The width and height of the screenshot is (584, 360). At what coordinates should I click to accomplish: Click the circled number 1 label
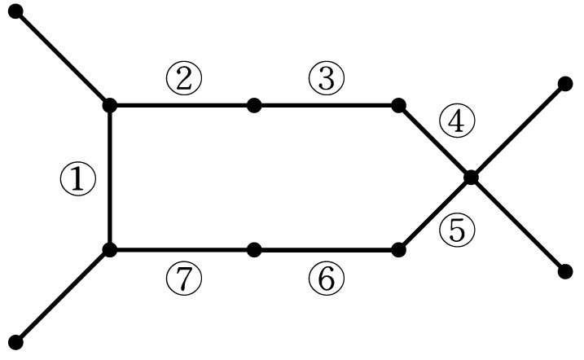click(78, 179)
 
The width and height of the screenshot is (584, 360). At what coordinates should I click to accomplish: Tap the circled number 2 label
click(183, 79)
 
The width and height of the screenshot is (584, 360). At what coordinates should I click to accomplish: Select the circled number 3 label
click(327, 79)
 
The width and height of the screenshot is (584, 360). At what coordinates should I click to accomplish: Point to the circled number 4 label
click(457, 121)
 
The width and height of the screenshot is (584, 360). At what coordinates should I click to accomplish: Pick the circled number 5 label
click(457, 230)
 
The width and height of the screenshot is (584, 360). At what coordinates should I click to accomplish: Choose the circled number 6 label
click(327, 279)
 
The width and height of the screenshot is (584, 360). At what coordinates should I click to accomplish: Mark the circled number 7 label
click(183, 279)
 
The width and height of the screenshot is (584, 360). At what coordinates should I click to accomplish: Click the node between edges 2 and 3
click(254, 105)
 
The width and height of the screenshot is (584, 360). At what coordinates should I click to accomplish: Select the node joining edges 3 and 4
click(398, 105)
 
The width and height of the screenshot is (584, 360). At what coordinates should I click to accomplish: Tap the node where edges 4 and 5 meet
click(471, 178)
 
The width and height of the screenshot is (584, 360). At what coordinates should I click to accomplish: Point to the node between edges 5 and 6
click(398, 249)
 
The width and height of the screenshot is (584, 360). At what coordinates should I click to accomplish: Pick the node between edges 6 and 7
click(254, 249)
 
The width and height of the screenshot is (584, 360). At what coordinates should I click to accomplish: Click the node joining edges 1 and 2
click(109, 105)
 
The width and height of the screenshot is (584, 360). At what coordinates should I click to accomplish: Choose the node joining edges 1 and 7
click(109, 249)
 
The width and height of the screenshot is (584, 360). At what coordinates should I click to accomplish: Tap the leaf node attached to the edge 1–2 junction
click(15, 11)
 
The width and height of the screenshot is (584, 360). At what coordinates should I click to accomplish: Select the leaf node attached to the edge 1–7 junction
click(15, 343)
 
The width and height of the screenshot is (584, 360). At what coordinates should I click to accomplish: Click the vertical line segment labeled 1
click(109, 178)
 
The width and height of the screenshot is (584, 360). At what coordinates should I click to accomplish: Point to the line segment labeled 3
click(327, 105)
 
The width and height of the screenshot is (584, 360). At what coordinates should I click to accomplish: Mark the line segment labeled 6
click(327, 249)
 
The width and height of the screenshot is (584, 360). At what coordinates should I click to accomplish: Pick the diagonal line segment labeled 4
click(435, 142)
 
